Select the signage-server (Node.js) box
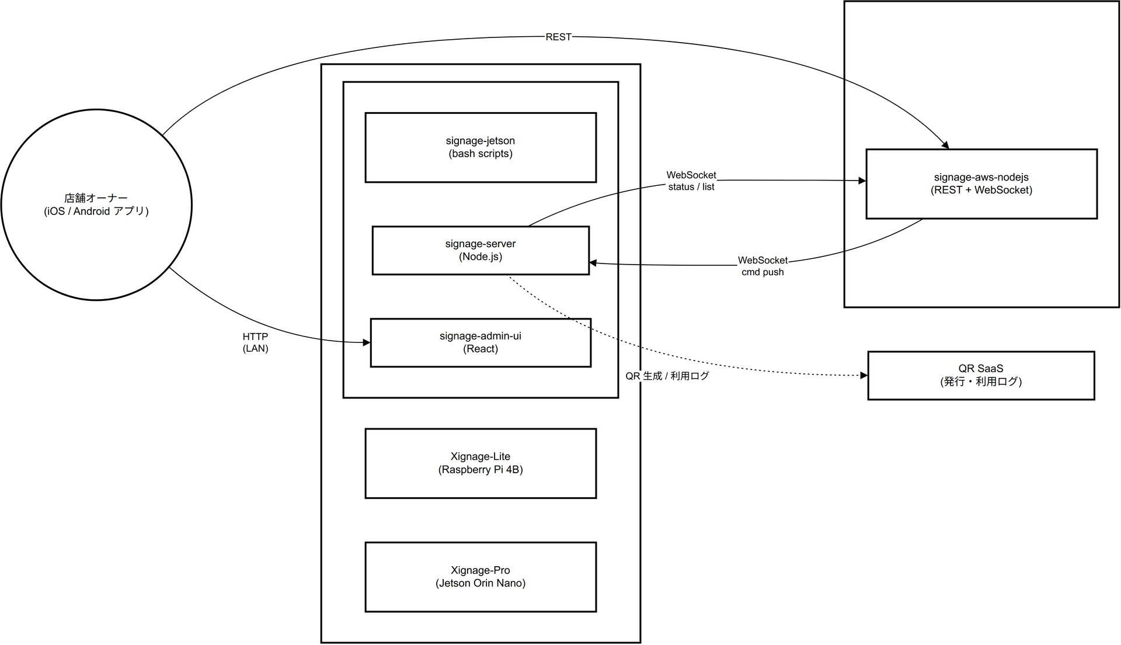pyautogui.click(x=481, y=250)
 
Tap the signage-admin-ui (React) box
pyautogui.click(x=481, y=342)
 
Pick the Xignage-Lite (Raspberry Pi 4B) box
pyautogui.click(x=481, y=463)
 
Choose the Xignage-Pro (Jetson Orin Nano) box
pyautogui.click(x=481, y=577)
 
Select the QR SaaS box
pyautogui.click(x=981, y=375)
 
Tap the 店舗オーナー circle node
pyautogui.click(x=96, y=204)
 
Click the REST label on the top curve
pyautogui.click(x=558, y=37)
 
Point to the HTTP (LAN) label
pyautogui.click(x=255, y=342)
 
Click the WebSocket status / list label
pyautogui.click(x=691, y=181)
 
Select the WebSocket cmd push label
pyautogui.click(x=763, y=266)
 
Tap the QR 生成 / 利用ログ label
pyautogui.click(x=667, y=376)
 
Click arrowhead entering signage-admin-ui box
pyautogui.click(x=367, y=342)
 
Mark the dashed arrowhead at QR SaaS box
pyautogui.click(x=864, y=375)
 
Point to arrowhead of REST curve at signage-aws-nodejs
pyautogui.click(x=945, y=145)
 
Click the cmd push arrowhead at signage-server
pyautogui.click(x=593, y=263)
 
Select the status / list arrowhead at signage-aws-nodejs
pyautogui.click(x=862, y=181)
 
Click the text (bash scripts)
pyautogui.click(x=481, y=154)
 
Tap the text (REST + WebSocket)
pyautogui.click(x=981, y=190)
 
